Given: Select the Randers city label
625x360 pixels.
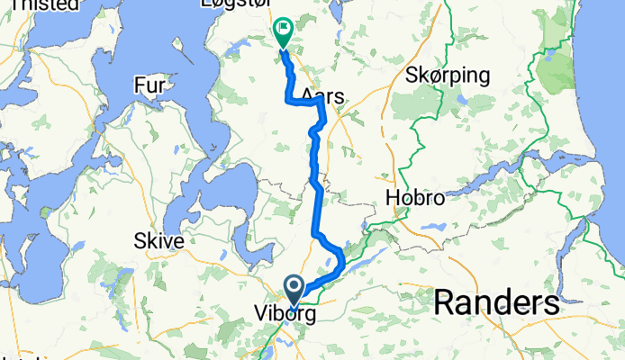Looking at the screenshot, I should (495, 302).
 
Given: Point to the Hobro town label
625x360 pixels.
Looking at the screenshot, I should (414, 198).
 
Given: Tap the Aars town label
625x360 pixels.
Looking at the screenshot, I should (324, 94).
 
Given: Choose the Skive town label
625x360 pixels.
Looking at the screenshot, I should (159, 241).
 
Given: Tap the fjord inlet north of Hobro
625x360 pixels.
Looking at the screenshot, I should (486, 175).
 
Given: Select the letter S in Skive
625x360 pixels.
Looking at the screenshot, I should (139, 241).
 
